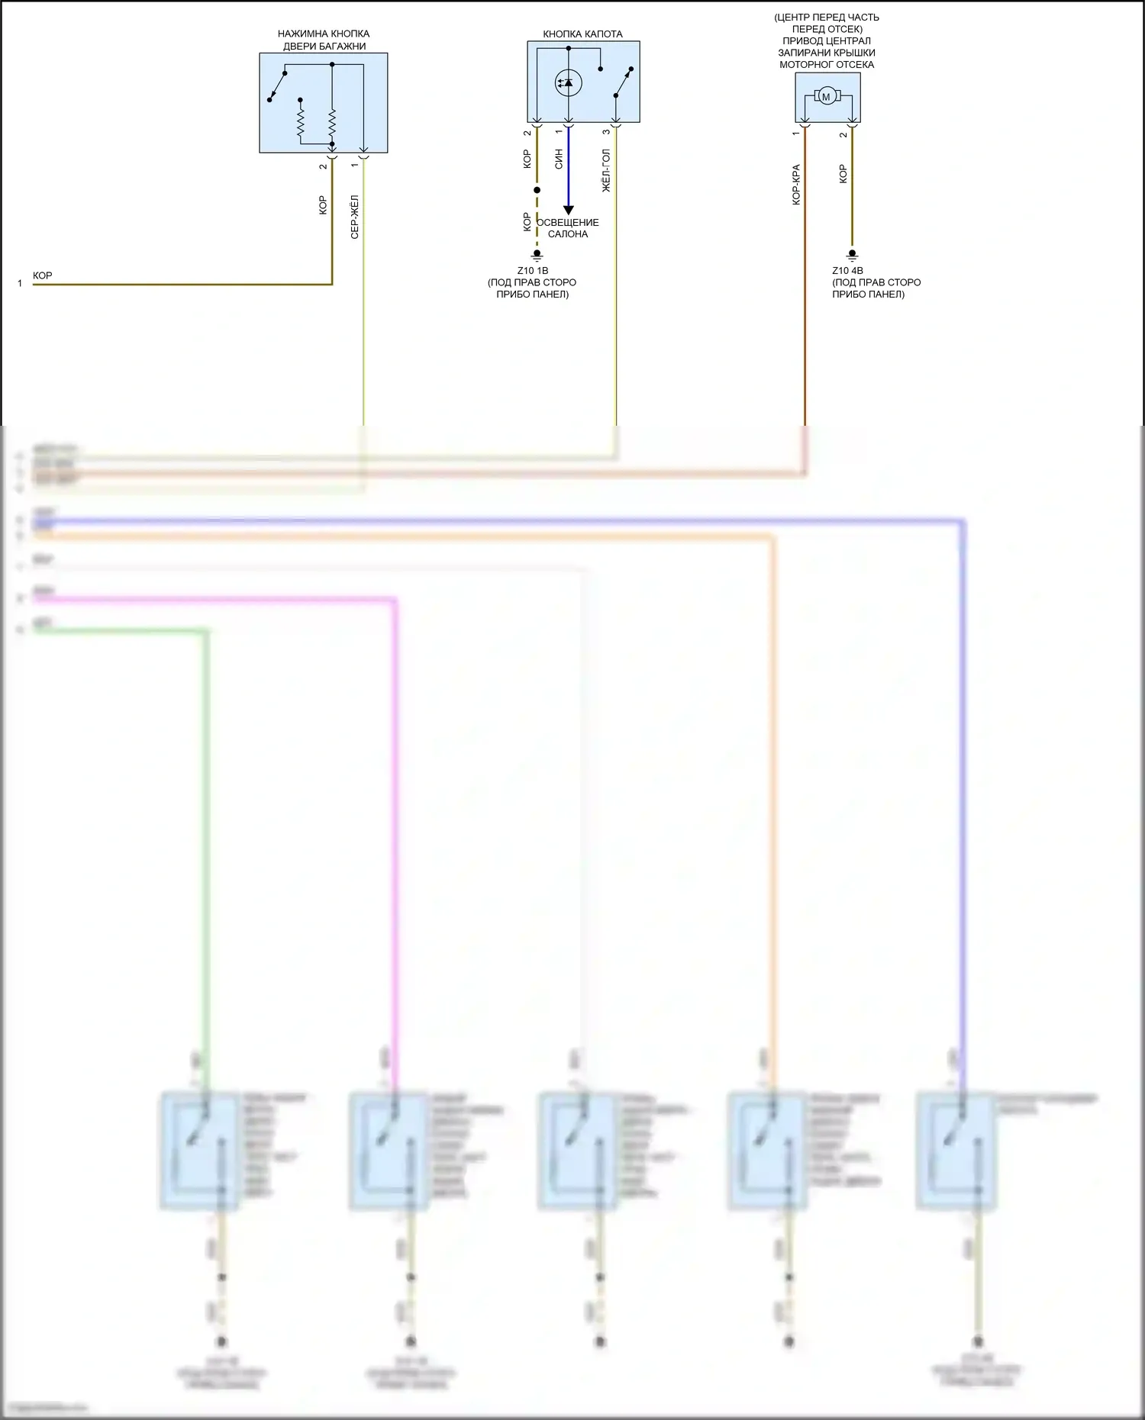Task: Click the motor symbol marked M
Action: pyautogui.click(x=826, y=97)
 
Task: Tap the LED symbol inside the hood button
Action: pyautogui.click(x=568, y=82)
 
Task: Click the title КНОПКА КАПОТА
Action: pyautogui.click(x=582, y=34)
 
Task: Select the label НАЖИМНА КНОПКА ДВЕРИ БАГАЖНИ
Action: pyautogui.click(x=324, y=40)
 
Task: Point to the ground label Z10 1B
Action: pyautogui.click(x=532, y=271)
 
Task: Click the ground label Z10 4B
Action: pyautogui.click(x=847, y=271)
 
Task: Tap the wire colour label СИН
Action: pyautogui.click(x=559, y=159)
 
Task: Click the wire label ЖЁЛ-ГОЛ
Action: pyautogui.click(x=607, y=170)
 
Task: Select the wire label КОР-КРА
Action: pyautogui.click(x=796, y=185)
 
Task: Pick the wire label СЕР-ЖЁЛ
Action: pyautogui.click(x=354, y=217)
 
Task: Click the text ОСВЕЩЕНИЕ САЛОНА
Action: pyautogui.click(x=568, y=228)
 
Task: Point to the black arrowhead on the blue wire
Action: pyautogui.click(x=568, y=210)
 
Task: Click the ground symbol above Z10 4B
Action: pyautogui.click(x=853, y=256)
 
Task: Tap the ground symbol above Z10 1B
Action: pyautogui.click(x=537, y=256)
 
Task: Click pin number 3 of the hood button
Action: pyautogui.click(x=607, y=132)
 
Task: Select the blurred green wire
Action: pyautogui.click(x=205, y=839)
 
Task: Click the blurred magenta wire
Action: pyautogui.click(x=395, y=839)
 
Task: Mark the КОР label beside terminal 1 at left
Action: pyautogui.click(x=43, y=275)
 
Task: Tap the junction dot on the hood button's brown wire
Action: pyautogui.click(x=537, y=190)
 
